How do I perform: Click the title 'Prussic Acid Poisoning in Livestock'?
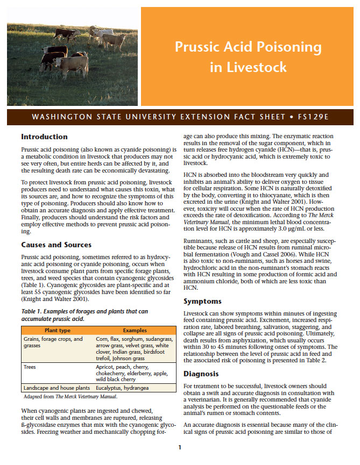248,57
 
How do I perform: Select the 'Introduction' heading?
44,137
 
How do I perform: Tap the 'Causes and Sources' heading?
56,245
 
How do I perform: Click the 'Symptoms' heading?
203,302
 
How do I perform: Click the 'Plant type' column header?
57,330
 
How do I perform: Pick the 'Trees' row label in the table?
31,367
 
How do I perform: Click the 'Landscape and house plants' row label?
56,388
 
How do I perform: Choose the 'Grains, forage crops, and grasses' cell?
53,342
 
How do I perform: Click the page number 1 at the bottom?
180,447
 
